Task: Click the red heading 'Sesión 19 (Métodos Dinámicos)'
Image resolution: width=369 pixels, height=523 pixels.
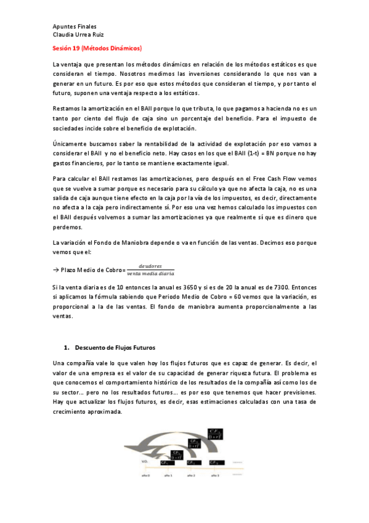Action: click(x=97, y=48)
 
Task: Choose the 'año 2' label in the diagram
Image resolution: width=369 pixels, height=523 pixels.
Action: click(x=190, y=475)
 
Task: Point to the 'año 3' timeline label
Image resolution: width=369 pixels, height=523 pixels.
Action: click(x=214, y=475)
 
